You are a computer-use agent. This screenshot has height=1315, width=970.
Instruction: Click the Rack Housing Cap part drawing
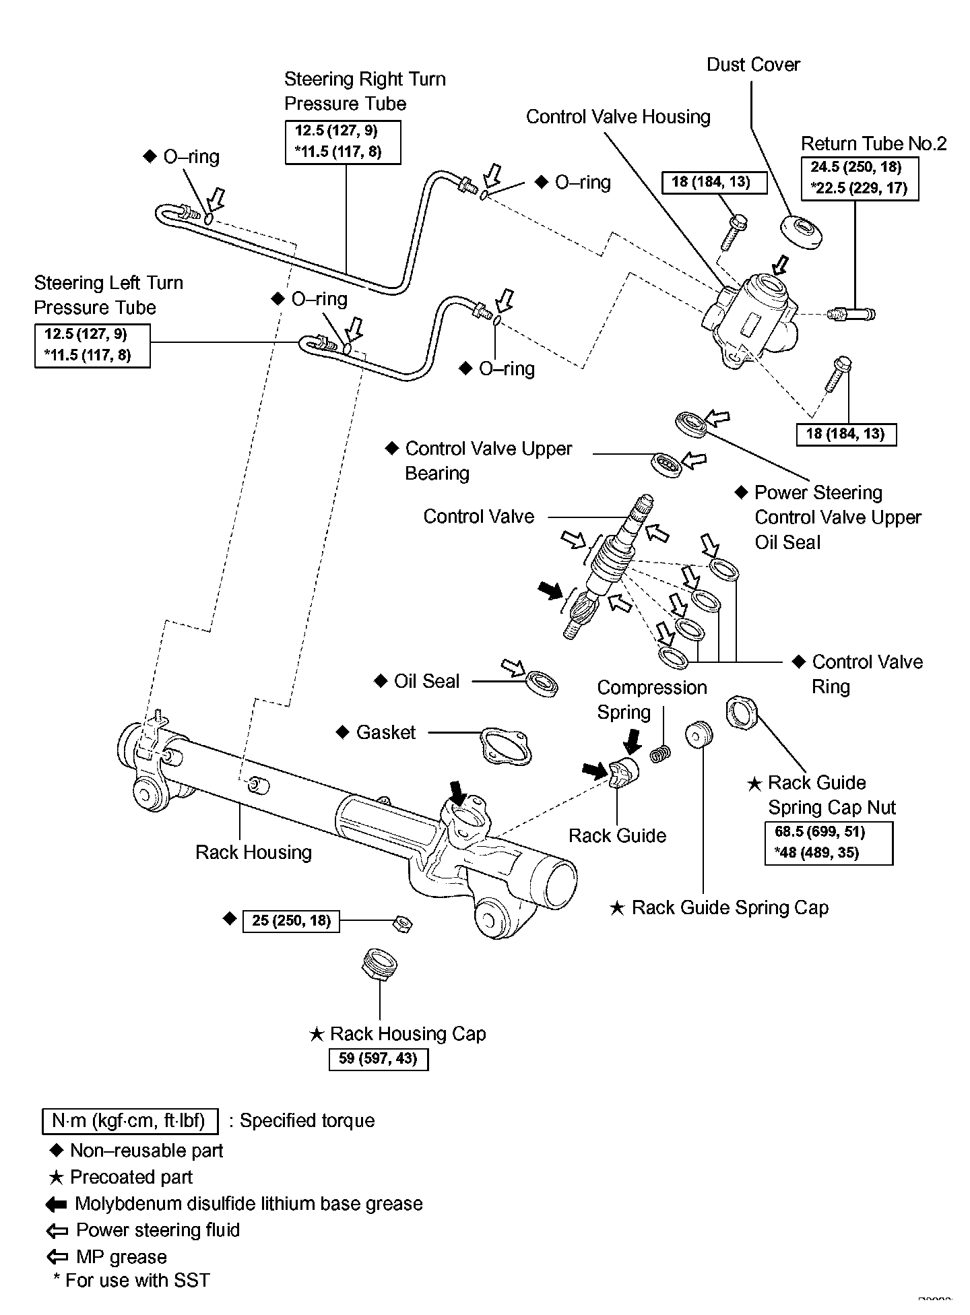click(379, 965)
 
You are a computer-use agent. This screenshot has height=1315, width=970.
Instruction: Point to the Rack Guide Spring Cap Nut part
click(742, 713)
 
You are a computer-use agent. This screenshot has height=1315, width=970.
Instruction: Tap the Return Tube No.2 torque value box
click(860, 178)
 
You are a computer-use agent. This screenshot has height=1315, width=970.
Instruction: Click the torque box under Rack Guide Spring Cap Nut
click(829, 842)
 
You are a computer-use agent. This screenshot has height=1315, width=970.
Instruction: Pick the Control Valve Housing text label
click(618, 117)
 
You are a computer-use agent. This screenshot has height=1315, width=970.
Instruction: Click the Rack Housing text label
click(253, 852)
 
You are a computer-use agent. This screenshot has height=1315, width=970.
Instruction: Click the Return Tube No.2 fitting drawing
click(851, 313)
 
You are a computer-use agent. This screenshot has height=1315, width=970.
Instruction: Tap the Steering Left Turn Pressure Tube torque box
click(92, 346)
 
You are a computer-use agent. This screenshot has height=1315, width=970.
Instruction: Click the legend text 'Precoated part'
click(131, 1177)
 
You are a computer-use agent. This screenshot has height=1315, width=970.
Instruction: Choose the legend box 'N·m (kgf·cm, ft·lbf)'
click(130, 1121)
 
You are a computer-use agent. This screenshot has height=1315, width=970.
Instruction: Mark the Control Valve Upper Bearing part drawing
click(668, 465)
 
